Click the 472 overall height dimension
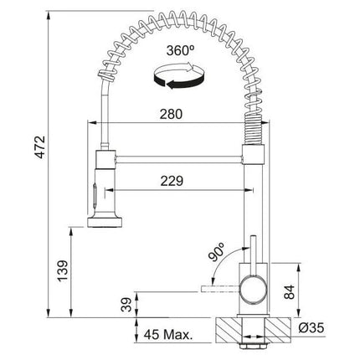pos(39,147)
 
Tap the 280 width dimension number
pos(171,114)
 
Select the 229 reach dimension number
pos(172,181)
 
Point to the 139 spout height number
pos(62,270)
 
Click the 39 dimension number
pos(126,305)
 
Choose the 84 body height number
pos(289,292)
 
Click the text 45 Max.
pos(168,334)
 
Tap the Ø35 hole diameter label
pos(311,327)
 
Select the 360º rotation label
pos(180,50)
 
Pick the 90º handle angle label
pos(217,251)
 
